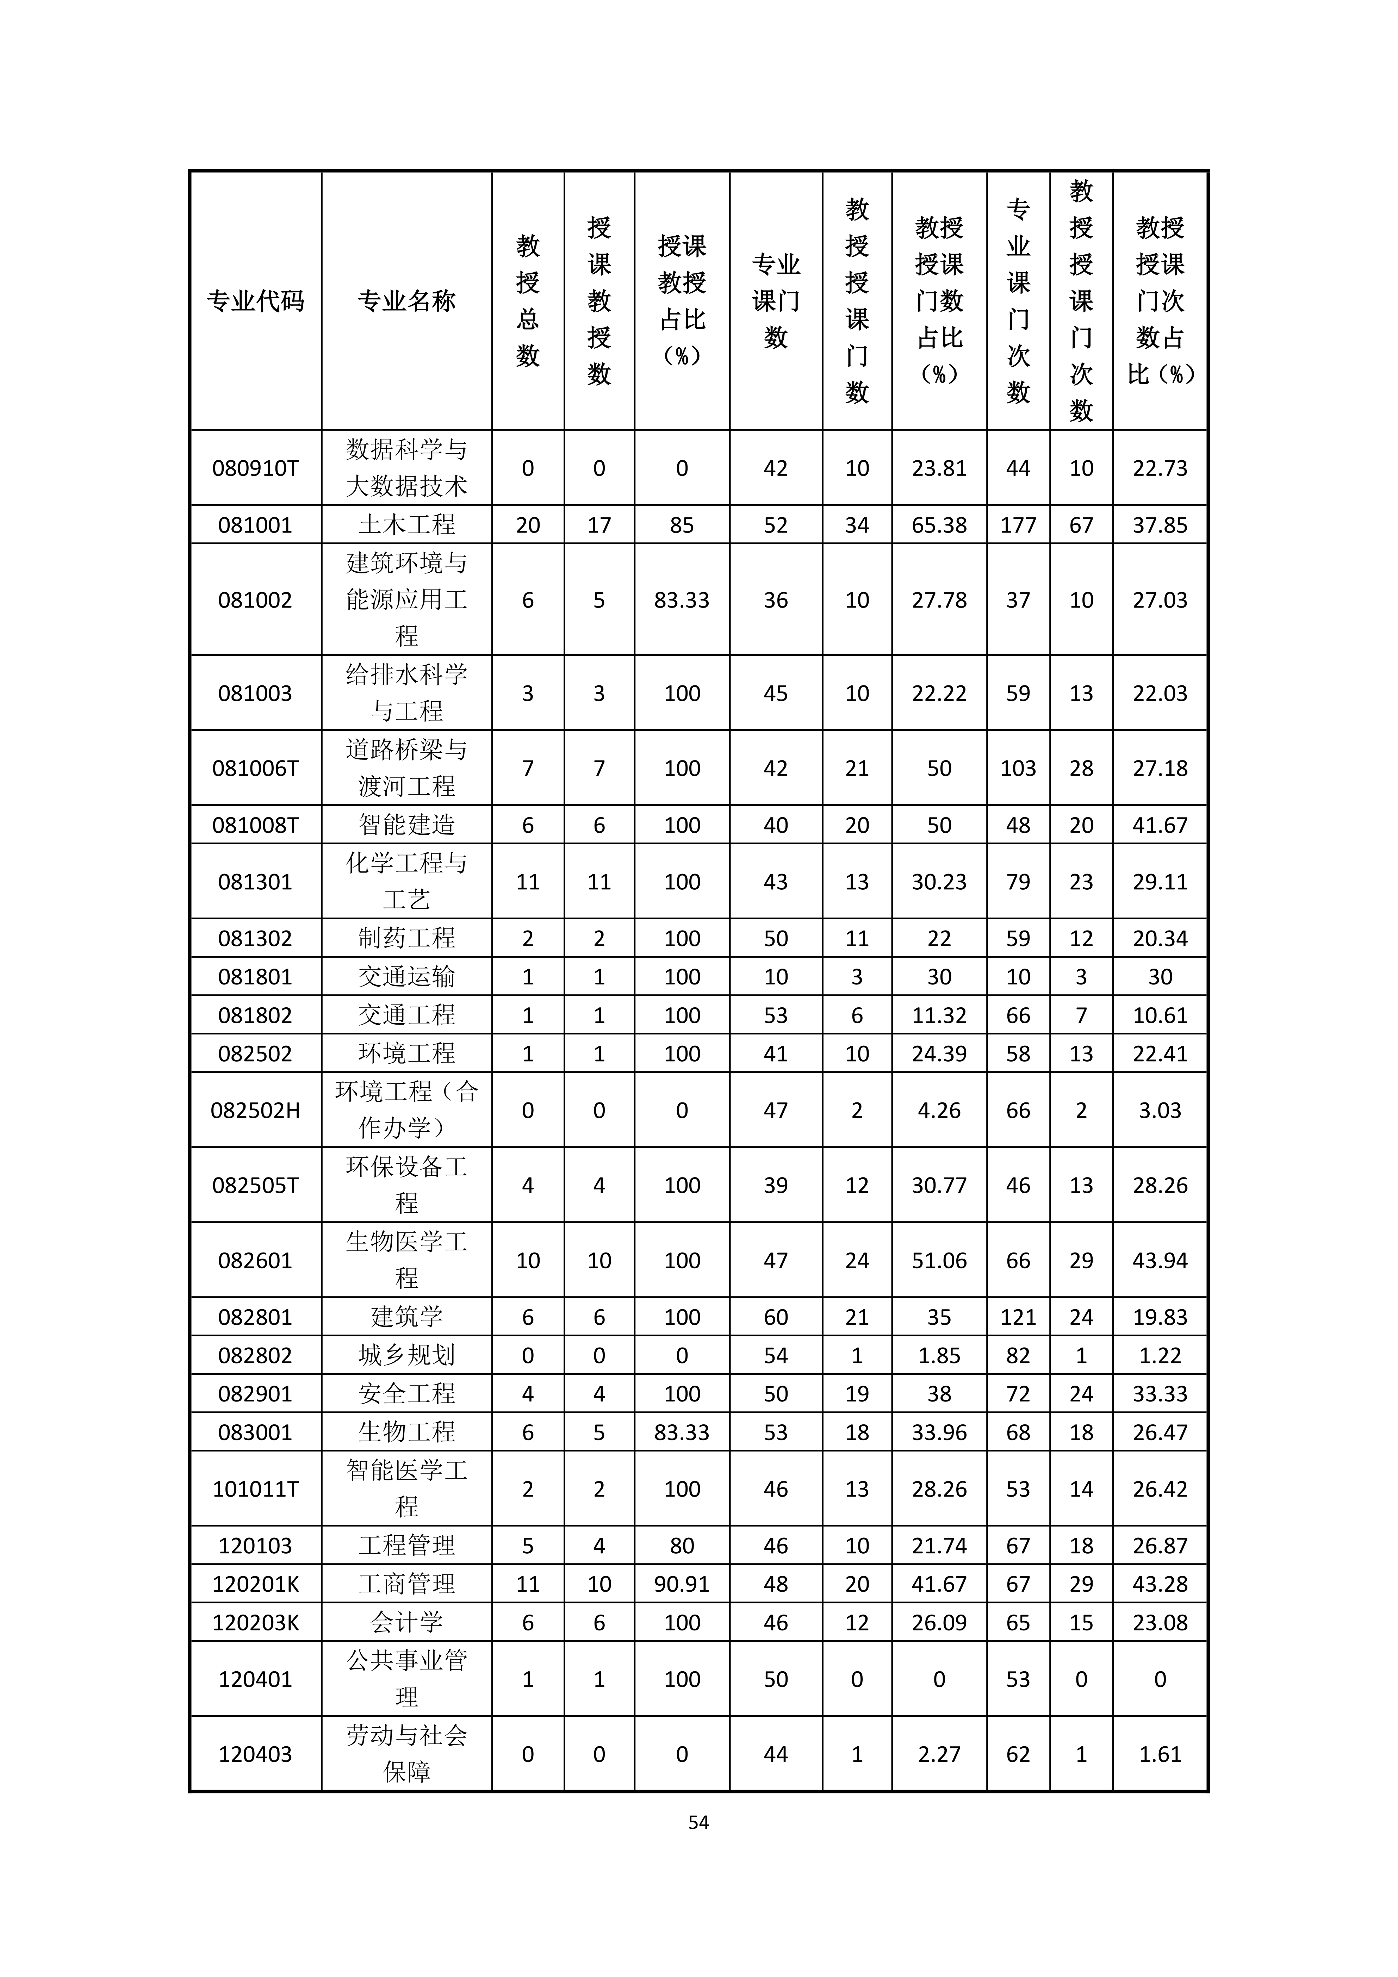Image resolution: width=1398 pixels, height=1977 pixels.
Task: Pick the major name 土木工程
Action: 406,524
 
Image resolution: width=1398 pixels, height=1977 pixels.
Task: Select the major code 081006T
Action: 256,768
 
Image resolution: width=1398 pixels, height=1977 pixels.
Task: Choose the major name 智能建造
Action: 406,825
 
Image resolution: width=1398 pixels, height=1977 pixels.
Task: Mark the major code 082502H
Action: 256,1110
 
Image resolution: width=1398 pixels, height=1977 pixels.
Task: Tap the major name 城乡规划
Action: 406,1355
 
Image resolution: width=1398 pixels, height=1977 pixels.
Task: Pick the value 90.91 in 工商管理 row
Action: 682,1584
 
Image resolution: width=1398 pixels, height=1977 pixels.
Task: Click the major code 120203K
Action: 256,1622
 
